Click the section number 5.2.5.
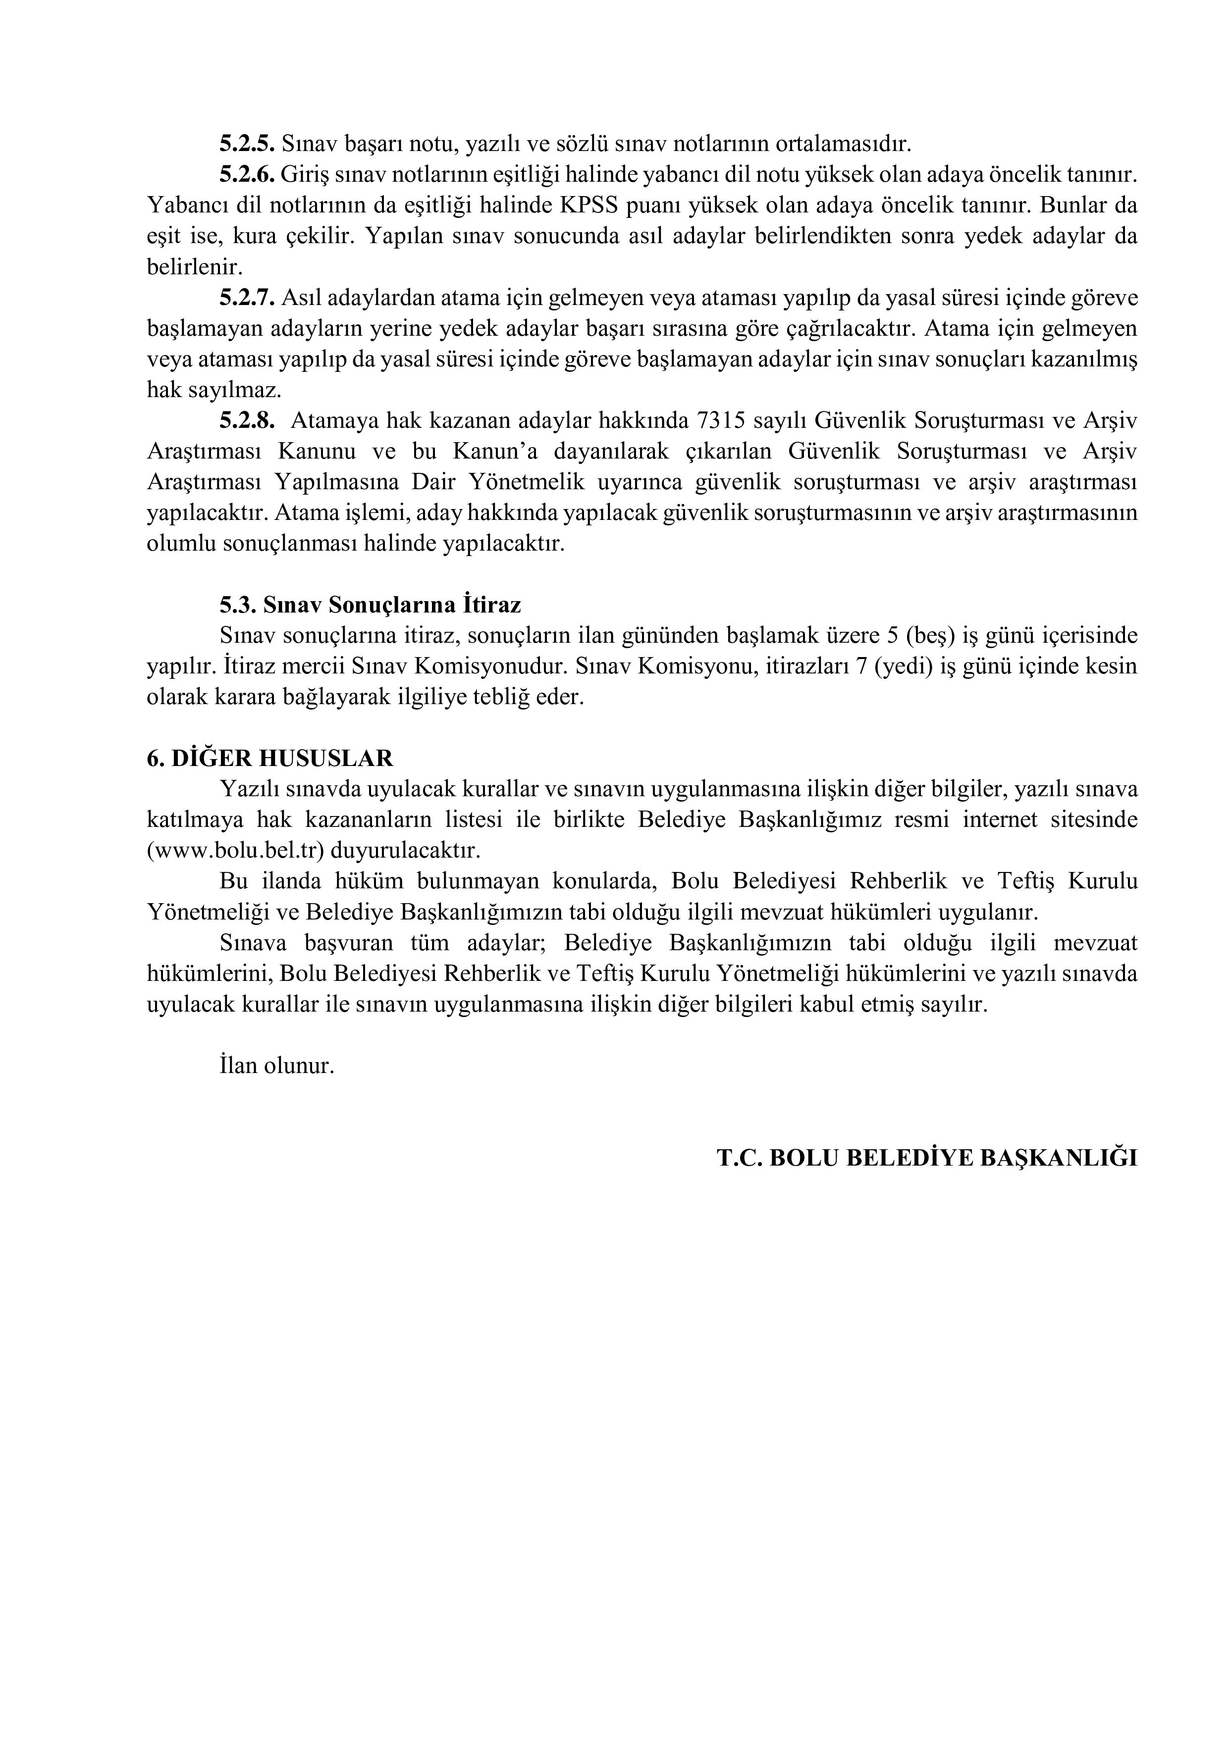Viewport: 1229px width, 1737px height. [247, 143]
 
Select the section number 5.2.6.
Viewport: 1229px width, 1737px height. [247, 174]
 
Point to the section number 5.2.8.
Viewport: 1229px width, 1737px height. [247, 420]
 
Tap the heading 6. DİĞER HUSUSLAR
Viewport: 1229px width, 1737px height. [269, 759]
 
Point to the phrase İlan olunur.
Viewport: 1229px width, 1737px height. [276, 1066]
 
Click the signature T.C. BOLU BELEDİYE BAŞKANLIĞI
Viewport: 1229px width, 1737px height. [927, 1159]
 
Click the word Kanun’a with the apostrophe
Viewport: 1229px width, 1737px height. [495, 452]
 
